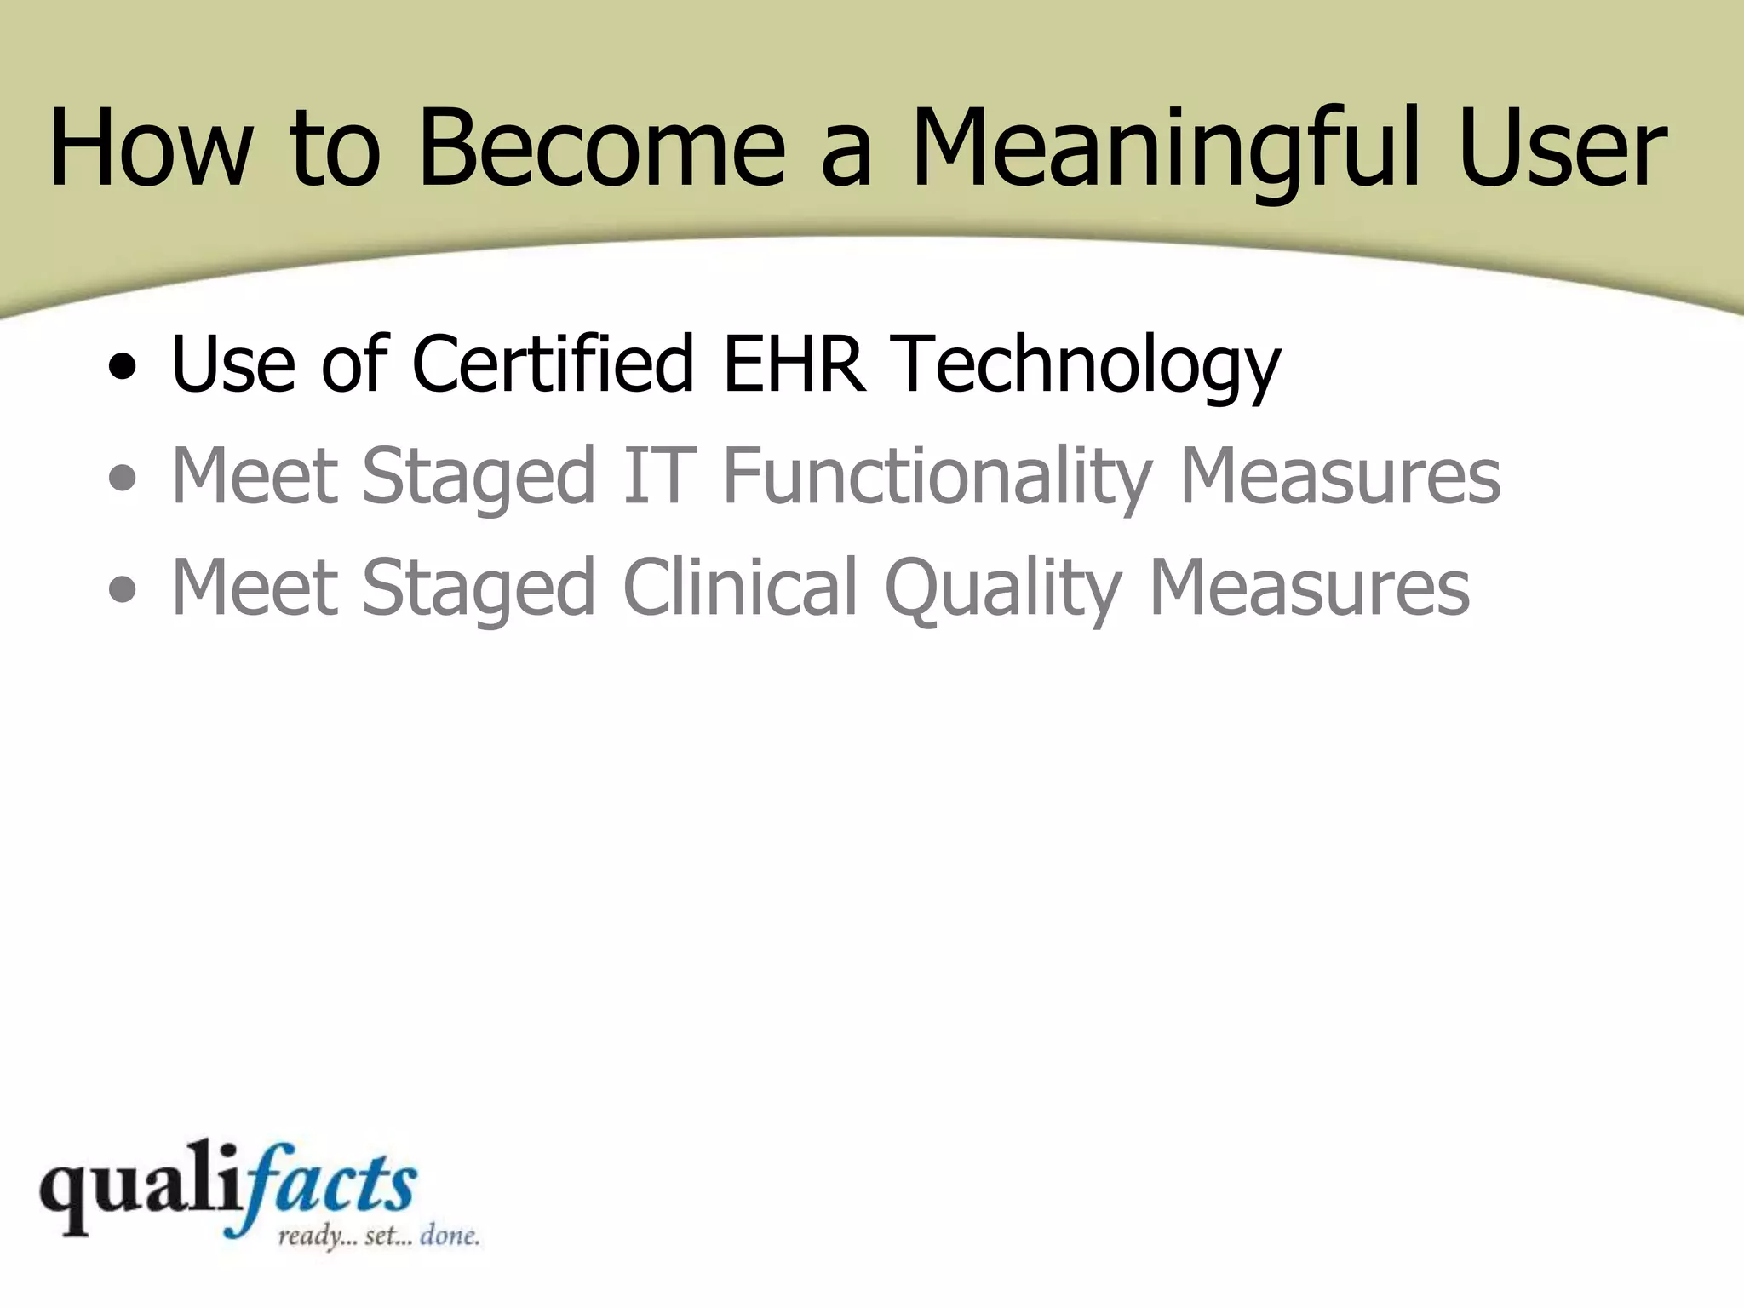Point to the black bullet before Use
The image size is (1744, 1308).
(123, 367)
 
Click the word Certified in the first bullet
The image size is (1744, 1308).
(553, 364)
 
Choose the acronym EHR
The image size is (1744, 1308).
(795, 364)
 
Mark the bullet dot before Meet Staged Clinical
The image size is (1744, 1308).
(123, 589)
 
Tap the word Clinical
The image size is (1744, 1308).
(740, 588)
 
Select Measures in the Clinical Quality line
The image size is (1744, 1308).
(1309, 588)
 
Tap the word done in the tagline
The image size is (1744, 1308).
(449, 1235)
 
